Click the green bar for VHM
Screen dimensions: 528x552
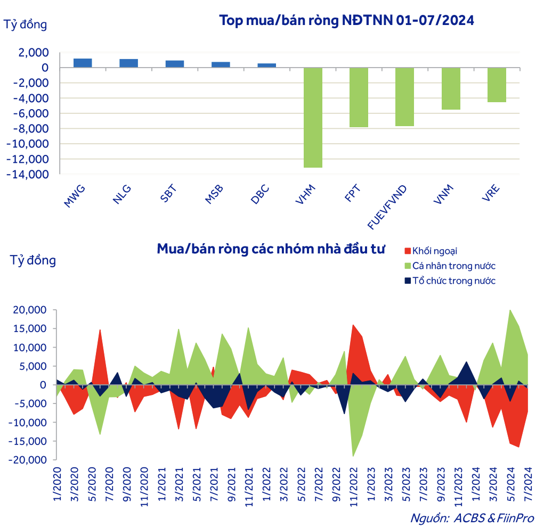point(313,117)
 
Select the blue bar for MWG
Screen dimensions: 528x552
point(83,63)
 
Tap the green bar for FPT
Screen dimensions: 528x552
point(359,97)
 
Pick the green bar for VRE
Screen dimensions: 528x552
point(497,85)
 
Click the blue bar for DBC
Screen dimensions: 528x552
point(267,65)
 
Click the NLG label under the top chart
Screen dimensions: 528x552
point(121,193)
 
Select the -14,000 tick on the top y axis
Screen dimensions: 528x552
point(33,175)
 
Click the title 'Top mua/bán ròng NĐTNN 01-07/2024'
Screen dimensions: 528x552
point(346,21)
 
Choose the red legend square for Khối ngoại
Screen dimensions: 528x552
point(408,251)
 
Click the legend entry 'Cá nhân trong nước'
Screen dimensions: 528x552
point(454,266)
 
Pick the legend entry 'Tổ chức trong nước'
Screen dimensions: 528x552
point(454,280)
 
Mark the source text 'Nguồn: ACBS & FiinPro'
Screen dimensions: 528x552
point(472,518)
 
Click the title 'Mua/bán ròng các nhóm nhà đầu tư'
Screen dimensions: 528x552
point(271,249)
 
